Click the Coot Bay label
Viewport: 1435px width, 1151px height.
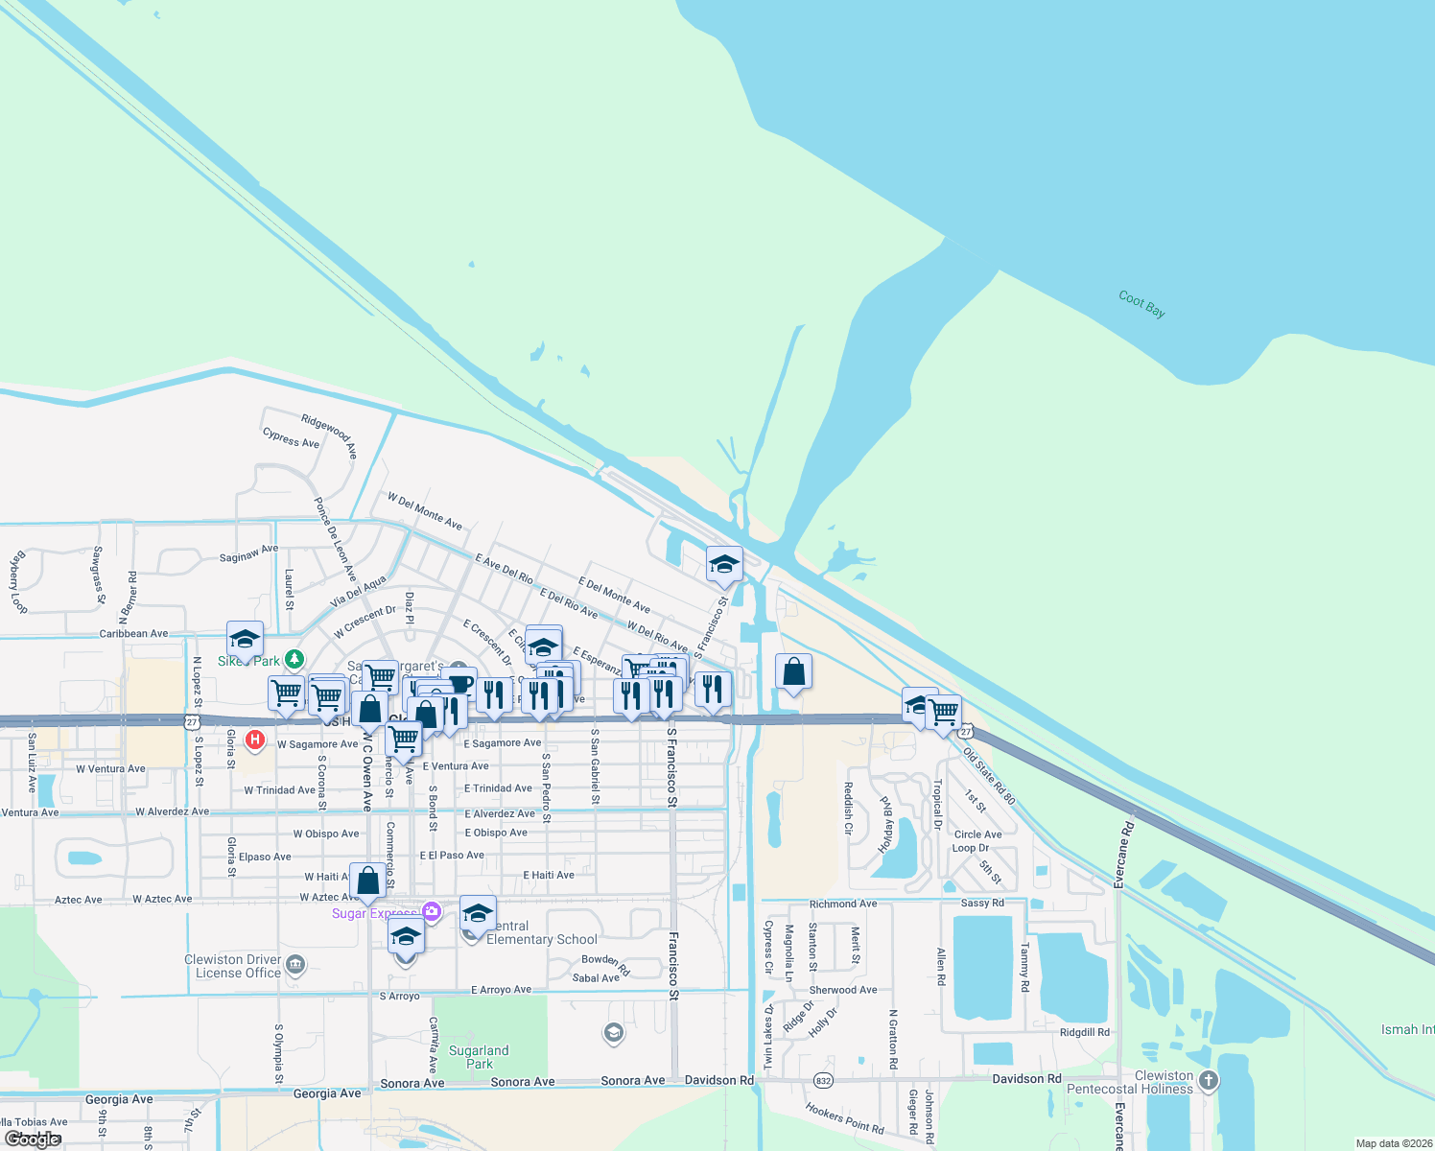1141,304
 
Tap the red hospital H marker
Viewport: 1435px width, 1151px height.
255,740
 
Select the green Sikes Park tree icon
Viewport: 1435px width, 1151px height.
294,659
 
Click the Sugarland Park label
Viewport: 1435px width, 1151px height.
479,1057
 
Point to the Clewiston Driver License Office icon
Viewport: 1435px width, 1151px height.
295,965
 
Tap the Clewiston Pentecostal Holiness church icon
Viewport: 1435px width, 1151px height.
1209,1081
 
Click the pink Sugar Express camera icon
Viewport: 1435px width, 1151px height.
432,911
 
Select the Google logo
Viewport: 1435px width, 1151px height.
33,1139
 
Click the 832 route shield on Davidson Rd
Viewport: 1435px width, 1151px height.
823,1081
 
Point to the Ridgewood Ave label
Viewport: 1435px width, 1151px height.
329,435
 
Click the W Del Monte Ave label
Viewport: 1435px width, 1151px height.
425,511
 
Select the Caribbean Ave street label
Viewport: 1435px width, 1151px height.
133,633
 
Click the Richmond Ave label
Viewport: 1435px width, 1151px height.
843,904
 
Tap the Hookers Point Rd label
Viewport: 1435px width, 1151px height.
844,1118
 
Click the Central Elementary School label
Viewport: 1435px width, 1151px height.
541,932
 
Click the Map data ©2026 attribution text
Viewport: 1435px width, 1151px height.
1394,1143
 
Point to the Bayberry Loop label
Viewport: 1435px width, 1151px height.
18,582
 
